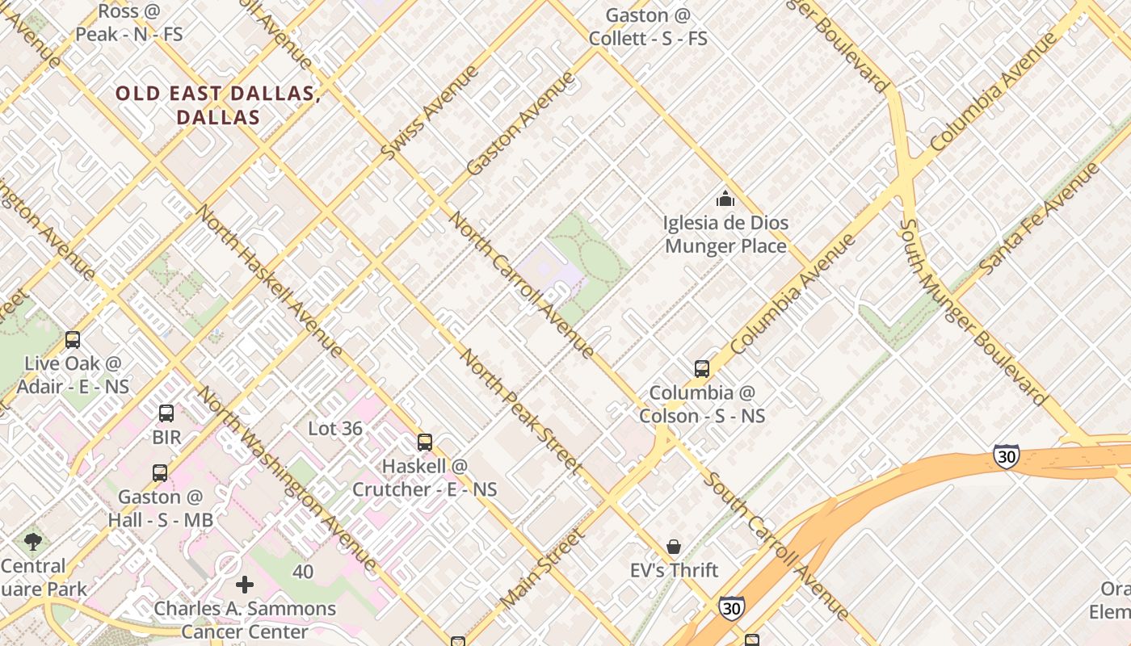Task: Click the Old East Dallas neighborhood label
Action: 218,105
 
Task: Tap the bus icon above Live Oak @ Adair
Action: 73,340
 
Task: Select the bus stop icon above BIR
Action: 166,413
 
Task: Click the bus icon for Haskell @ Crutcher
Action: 425,443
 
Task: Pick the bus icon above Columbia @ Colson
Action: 702,369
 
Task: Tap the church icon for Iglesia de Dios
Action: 725,199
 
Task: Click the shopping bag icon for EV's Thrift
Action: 674,547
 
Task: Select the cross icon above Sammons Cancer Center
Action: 245,585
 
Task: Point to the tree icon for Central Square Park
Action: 33,541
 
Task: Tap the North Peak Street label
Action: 520,411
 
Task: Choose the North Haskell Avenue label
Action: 270,279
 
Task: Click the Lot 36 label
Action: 335,429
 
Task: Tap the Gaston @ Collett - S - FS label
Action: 648,27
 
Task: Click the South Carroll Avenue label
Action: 776,546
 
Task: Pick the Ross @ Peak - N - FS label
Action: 129,23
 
